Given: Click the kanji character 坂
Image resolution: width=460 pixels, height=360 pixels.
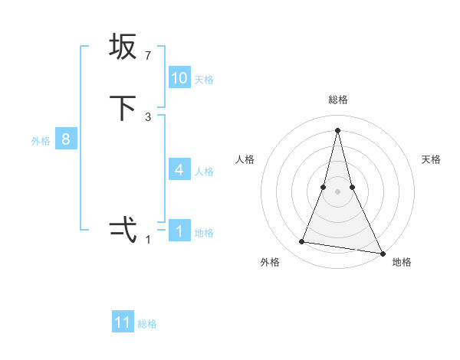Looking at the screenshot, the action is [x=123, y=47].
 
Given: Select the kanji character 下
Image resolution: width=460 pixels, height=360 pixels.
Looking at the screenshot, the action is [x=123, y=108].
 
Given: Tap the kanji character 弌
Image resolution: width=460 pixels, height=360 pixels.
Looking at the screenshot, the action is [x=123, y=230].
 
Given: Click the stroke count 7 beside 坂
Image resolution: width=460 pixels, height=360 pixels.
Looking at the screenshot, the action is [x=147, y=56].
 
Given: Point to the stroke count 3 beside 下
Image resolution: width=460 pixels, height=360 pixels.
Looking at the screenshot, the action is [x=148, y=117].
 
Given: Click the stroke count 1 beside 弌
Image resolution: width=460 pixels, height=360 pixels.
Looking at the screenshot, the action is [x=148, y=240].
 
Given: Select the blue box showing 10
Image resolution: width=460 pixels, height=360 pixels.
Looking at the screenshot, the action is [x=179, y=77].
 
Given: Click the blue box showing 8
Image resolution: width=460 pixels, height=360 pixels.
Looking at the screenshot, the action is [x=66, y=139].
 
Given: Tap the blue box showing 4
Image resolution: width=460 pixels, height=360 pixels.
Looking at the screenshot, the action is [x=179, y=169].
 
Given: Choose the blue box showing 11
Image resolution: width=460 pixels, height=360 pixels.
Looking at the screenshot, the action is [x=123, y=322].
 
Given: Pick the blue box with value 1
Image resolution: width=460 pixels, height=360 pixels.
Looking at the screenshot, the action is [x=179, y=231].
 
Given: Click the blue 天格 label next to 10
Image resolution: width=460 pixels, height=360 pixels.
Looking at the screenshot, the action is [x=204, y=79].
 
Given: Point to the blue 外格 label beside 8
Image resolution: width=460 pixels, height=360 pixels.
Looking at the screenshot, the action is [x=41, y=141].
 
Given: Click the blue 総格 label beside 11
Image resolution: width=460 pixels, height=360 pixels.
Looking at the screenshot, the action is [x=147, y=324].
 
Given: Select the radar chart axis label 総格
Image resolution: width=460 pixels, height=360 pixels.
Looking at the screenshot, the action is [x=338, y=100].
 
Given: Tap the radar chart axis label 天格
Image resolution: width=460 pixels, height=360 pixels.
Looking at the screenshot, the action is [x=432, y=159].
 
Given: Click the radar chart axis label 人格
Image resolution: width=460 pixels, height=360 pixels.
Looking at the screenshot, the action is [x=245, y=159].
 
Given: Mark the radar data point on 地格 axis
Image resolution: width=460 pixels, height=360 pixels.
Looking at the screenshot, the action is [x=382, y=253].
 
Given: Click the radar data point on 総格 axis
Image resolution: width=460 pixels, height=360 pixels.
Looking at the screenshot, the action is [x=338, y=130].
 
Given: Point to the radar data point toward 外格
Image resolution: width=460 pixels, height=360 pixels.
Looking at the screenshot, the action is [x=302, y=242].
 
